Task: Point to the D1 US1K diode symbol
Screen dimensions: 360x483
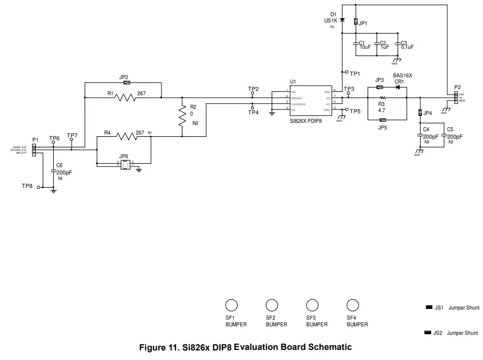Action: tap(342, 21)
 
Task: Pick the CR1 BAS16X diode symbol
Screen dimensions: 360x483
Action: tap(398, 87)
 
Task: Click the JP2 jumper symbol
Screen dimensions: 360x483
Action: tap(127, 83)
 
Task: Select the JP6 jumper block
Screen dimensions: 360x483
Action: tap(124, 164)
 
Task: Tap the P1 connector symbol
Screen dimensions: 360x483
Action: tap(34, 150)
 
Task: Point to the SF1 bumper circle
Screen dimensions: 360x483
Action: tap(231, 305)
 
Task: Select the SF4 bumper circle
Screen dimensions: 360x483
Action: tap(352, 305)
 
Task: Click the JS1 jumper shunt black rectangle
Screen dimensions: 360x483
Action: tap(430, 307)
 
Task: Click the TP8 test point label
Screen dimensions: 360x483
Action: tap(27, 186)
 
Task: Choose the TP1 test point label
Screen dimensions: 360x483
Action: tap(355, 73)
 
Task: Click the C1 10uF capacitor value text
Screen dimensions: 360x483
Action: tap(365, 47)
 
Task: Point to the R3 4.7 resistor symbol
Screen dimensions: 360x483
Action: tap(382, 98)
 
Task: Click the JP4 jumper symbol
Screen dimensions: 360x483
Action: tap(420, 113)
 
